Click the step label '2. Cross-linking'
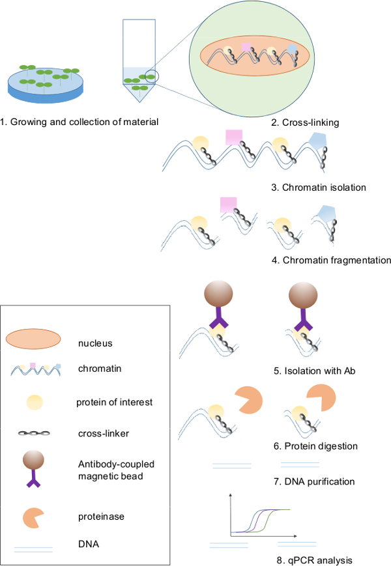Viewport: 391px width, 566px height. (315, 122)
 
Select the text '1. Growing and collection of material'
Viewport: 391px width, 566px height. (80, 121)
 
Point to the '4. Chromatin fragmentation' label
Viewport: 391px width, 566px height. (331, 260)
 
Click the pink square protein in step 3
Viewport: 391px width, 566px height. (234, 137)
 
